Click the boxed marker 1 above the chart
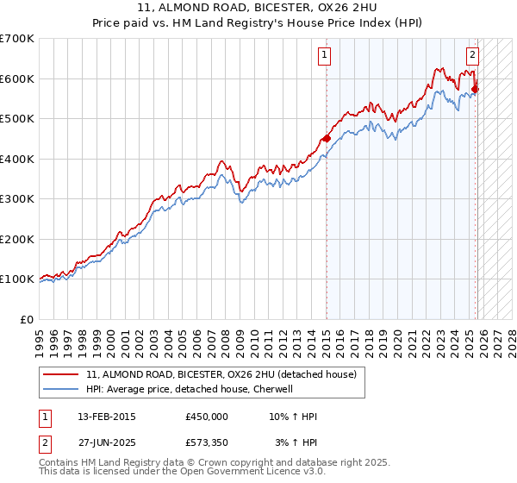coord(325,56)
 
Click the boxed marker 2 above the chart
coord(473,56)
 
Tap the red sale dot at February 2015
coord(327,139)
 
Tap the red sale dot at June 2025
coord(476,89)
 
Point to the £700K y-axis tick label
coord(17,39)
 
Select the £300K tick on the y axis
coord(17,199)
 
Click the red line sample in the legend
coord(61,374)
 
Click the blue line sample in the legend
coord(61,389)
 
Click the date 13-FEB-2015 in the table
coord(107,417)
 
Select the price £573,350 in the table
coord(207,442)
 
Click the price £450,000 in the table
coord(207,417)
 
